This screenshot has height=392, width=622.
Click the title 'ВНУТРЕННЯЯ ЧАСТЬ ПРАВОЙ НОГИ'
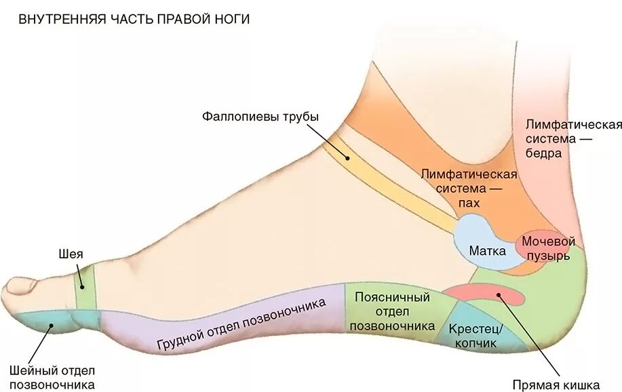pos(134,19)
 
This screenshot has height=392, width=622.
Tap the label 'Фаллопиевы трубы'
pos(260,116)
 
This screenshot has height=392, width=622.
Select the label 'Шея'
pos(71,254)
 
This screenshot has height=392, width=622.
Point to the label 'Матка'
pos(487,251)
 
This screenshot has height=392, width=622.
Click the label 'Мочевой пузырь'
pos(548,249)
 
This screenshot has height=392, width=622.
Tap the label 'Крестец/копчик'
pos(476,336)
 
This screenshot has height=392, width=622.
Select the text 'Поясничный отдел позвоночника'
pos(393,311)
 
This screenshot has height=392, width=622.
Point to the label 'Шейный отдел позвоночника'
pos(52,378)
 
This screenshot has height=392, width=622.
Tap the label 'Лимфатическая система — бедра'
pos(574,138)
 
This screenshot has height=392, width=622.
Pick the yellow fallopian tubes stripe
pos(380,180)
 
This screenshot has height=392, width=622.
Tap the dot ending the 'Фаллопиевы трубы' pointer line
pos(347,157)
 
